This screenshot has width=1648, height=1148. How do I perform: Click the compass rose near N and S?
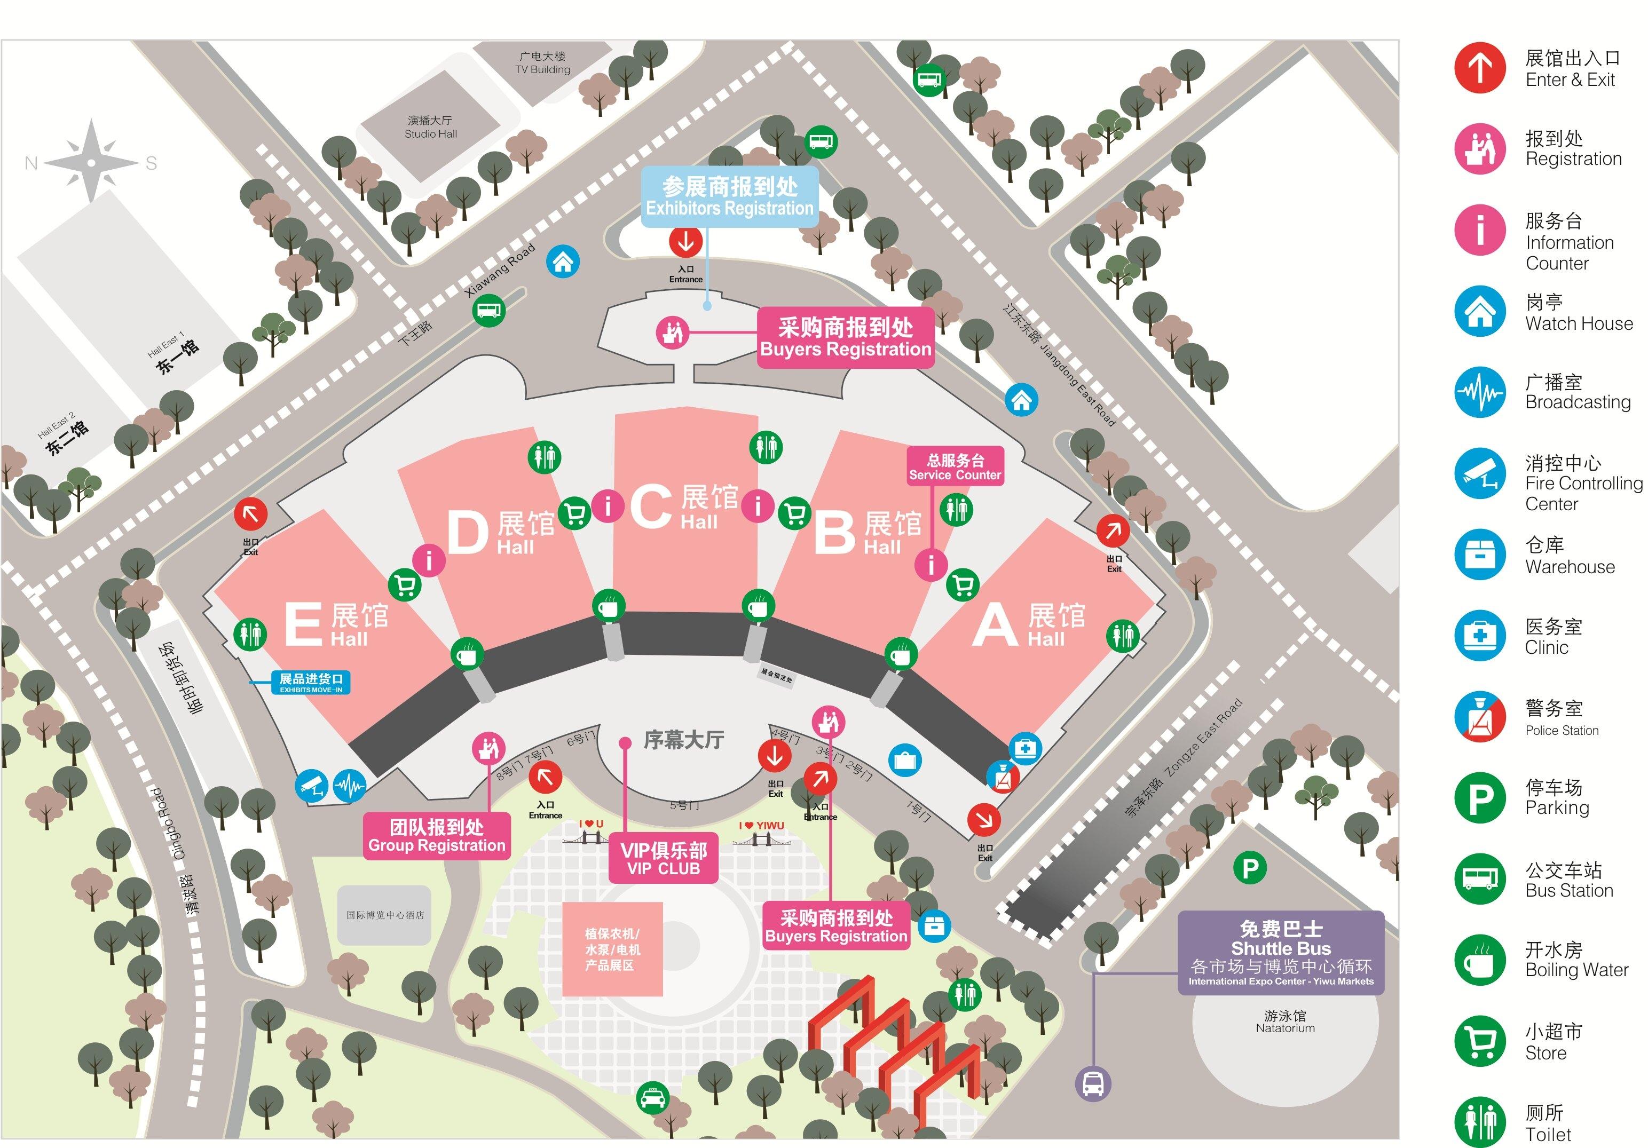pyautogui.click(x=91, y=162)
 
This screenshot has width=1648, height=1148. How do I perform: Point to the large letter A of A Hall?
pyautogui.click(x=994, y=626)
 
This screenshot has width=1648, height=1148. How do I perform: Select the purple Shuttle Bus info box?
pyautogui.click(x=1281, y=953)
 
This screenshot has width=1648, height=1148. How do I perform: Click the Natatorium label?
pyautogui.click(x=1285, y=1022)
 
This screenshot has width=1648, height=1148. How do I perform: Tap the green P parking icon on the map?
pyautogui.click(x=1250, y=869)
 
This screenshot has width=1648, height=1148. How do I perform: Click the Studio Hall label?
pyautogui.click(x=431, y=127)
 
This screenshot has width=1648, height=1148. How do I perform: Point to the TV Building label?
pyautogui.click(x=542, y=62)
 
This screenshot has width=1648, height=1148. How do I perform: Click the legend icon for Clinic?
pyautogui.click(x=1479, y=636)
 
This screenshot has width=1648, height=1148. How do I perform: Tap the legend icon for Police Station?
pyautogui.click(x=1479, y=717)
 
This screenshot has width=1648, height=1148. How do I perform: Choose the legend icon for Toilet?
pyautogui.click(x=1479, y=1121)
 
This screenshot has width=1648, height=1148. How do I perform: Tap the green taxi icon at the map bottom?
pyautogui.click(x=652, y=1098)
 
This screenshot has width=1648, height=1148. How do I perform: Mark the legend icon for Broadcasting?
pyautogui.click(x=1479, y=392)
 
